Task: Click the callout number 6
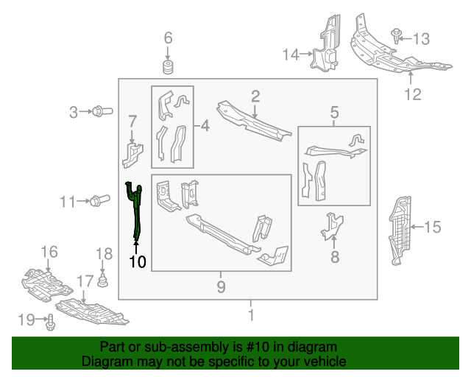[x=168, y=38]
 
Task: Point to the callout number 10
[x=137, y=261]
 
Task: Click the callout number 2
[x=255, y=95]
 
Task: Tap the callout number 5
[x=334, y=113]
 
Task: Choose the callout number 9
[x=221, y=286]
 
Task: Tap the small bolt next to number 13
[x=397, y=34]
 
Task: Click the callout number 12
[x=413, y=94]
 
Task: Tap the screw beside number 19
[x=51, y=320]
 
